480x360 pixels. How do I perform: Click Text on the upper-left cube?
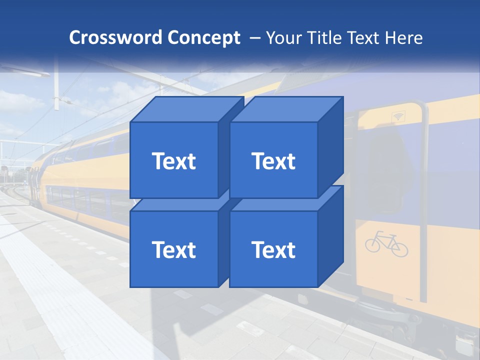pos(174,161)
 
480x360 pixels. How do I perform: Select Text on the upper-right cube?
pos(273,161)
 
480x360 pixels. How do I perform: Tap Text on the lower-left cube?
pos(174,249)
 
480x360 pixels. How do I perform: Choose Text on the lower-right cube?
pos(273,249)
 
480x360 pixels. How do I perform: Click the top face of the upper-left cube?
pos(187,109)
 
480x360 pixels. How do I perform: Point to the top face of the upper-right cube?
pos(287,109)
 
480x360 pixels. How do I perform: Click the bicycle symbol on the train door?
pos(386,243)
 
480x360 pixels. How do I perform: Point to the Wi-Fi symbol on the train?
pos(398,116)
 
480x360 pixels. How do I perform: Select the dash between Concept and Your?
pos(254,37)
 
